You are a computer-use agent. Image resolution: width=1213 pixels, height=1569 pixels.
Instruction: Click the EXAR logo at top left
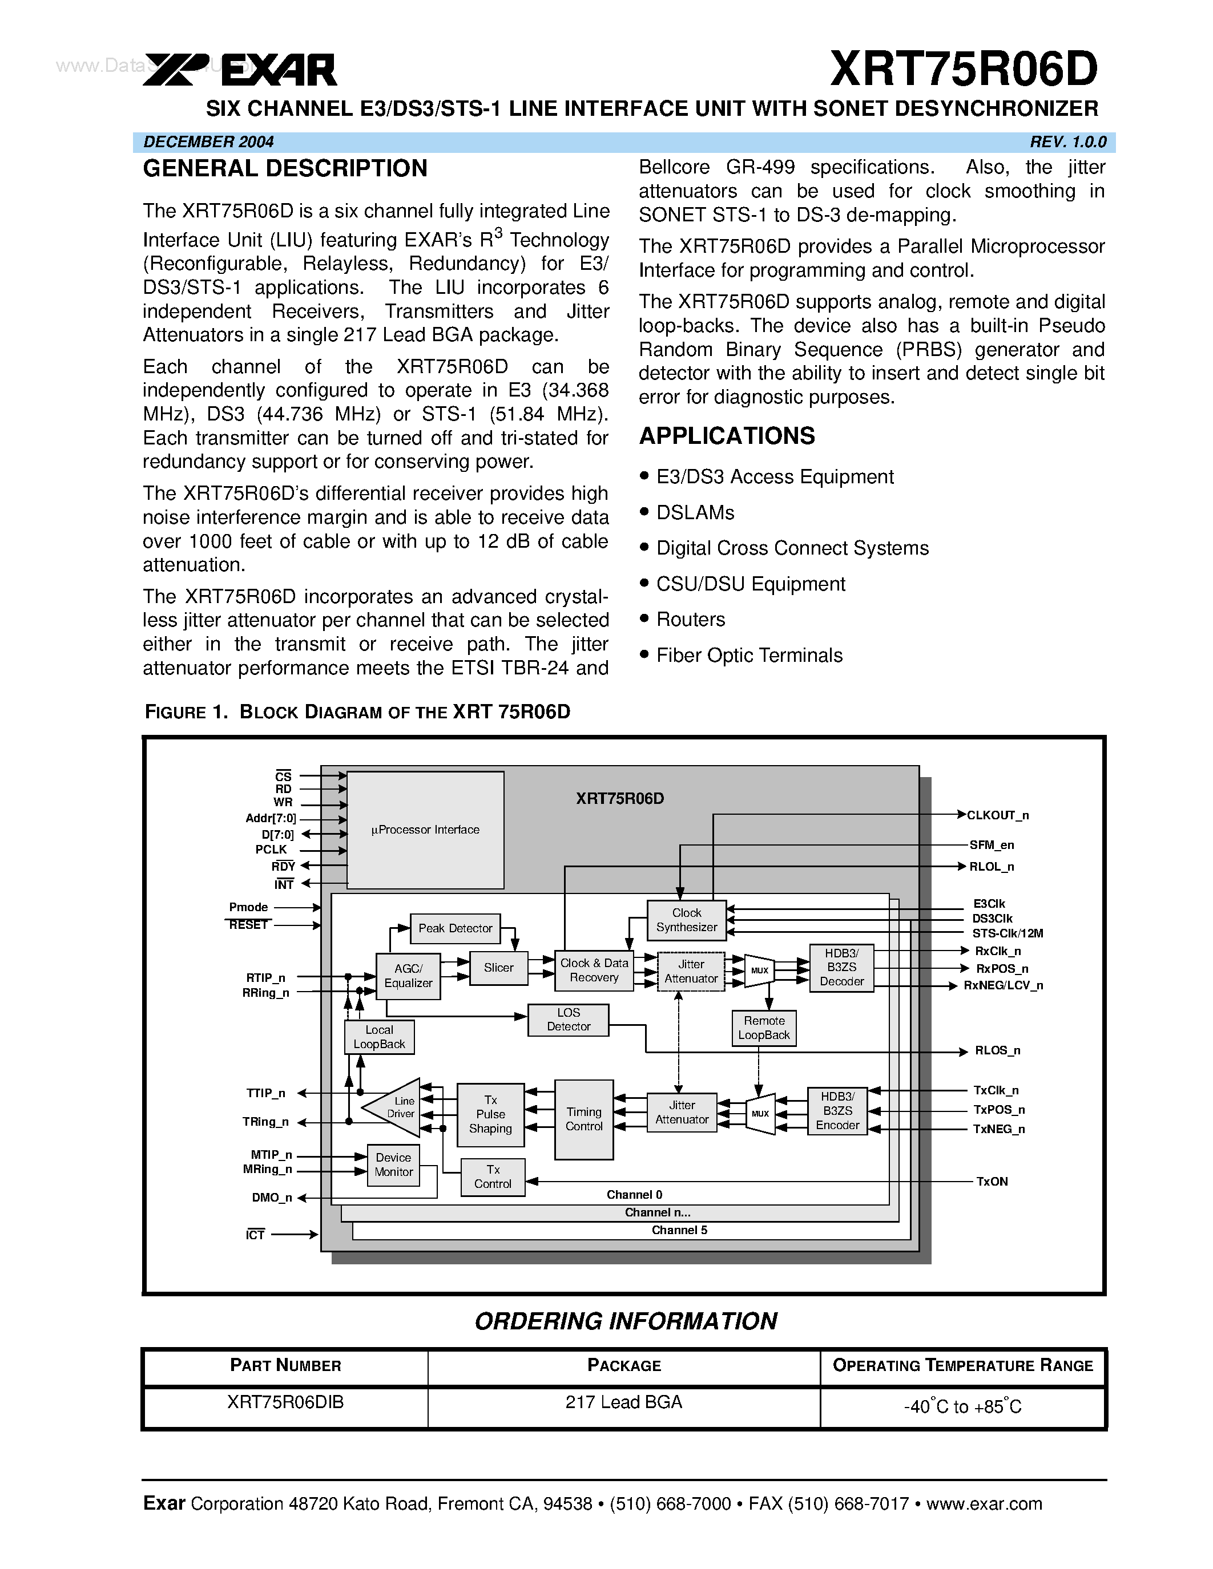240,70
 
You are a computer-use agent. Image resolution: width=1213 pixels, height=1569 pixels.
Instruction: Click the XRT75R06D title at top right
963,69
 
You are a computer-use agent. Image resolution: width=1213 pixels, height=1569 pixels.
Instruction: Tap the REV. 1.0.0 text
1067,142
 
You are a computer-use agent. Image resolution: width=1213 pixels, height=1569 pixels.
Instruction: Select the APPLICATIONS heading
727,436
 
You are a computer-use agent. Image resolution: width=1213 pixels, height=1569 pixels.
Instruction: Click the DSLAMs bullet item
695,513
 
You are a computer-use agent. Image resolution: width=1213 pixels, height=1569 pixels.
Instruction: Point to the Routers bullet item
690,619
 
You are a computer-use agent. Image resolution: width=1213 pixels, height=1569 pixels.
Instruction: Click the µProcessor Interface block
425,830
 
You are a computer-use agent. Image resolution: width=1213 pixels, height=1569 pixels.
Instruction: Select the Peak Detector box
455,928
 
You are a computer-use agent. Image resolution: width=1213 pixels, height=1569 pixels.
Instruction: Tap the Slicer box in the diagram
498,968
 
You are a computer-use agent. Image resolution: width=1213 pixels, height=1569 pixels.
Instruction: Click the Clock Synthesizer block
686,920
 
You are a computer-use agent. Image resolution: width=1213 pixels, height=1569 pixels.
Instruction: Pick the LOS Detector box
568,1020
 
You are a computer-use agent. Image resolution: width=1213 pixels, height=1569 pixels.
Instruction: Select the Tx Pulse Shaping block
490,1114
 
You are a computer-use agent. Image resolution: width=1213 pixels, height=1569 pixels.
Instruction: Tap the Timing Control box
583,1119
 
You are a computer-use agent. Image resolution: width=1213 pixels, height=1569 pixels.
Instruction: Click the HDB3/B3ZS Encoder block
837,1111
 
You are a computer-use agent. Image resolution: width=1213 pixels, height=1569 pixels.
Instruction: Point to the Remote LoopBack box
764,1028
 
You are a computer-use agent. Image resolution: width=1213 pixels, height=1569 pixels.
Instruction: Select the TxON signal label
992,1182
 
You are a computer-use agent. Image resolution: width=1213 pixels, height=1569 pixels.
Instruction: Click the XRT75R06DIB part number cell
285,1402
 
